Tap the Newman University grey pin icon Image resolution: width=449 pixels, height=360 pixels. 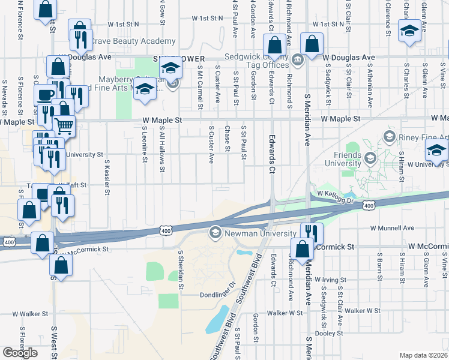tap(215, 232)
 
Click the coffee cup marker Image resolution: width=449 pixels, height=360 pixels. tap(46, 95)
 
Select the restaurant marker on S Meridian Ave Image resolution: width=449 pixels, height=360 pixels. tap(311, 233)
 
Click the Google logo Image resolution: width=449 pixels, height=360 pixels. tap(20, 353)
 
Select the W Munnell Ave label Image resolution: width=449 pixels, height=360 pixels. tap(392, 228)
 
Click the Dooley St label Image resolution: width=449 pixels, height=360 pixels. tap(330, 333)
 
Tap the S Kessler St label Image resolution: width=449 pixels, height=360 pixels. tap(107, 177)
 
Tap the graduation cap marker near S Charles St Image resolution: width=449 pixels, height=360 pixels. tap(409, 31)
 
